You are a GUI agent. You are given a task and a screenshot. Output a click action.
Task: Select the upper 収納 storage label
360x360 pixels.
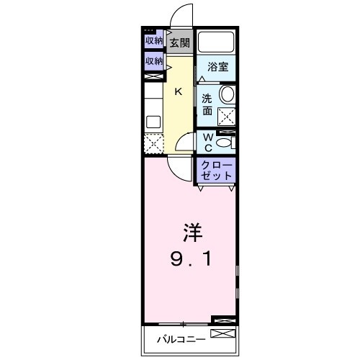point(153,41)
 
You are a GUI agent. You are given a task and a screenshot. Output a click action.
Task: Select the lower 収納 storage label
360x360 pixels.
point(153,61)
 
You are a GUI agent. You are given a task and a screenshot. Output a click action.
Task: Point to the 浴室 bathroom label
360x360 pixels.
point(218,66)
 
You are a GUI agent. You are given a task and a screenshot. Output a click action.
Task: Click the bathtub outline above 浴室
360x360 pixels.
point(217,42)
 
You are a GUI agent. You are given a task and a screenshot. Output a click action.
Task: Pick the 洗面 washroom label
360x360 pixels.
point(207,105)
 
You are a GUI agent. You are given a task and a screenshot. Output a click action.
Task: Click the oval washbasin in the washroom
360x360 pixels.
point(228,94)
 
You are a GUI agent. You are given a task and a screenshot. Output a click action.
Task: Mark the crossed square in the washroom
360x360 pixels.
point(228,116)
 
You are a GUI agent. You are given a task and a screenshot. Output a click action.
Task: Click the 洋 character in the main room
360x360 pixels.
point(191,234)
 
